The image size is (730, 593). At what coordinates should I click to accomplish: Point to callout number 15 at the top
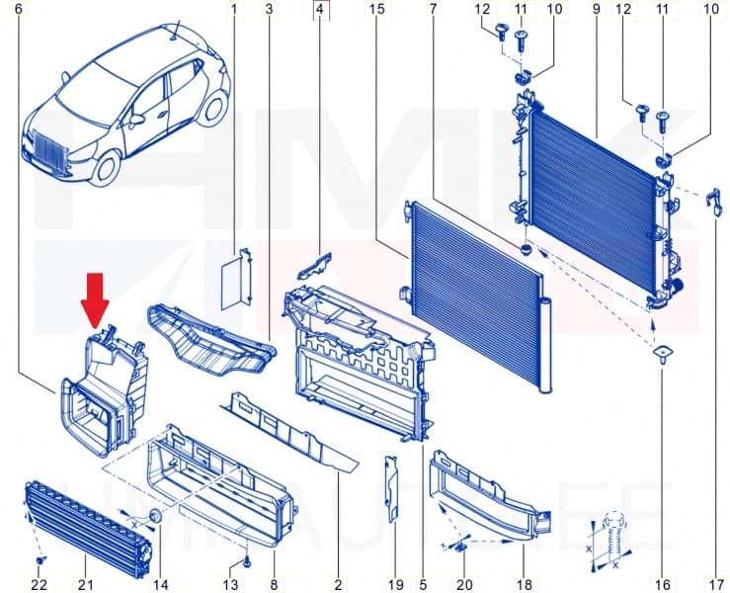coord(375,11)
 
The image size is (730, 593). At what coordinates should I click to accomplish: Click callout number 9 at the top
coord(597,11)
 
